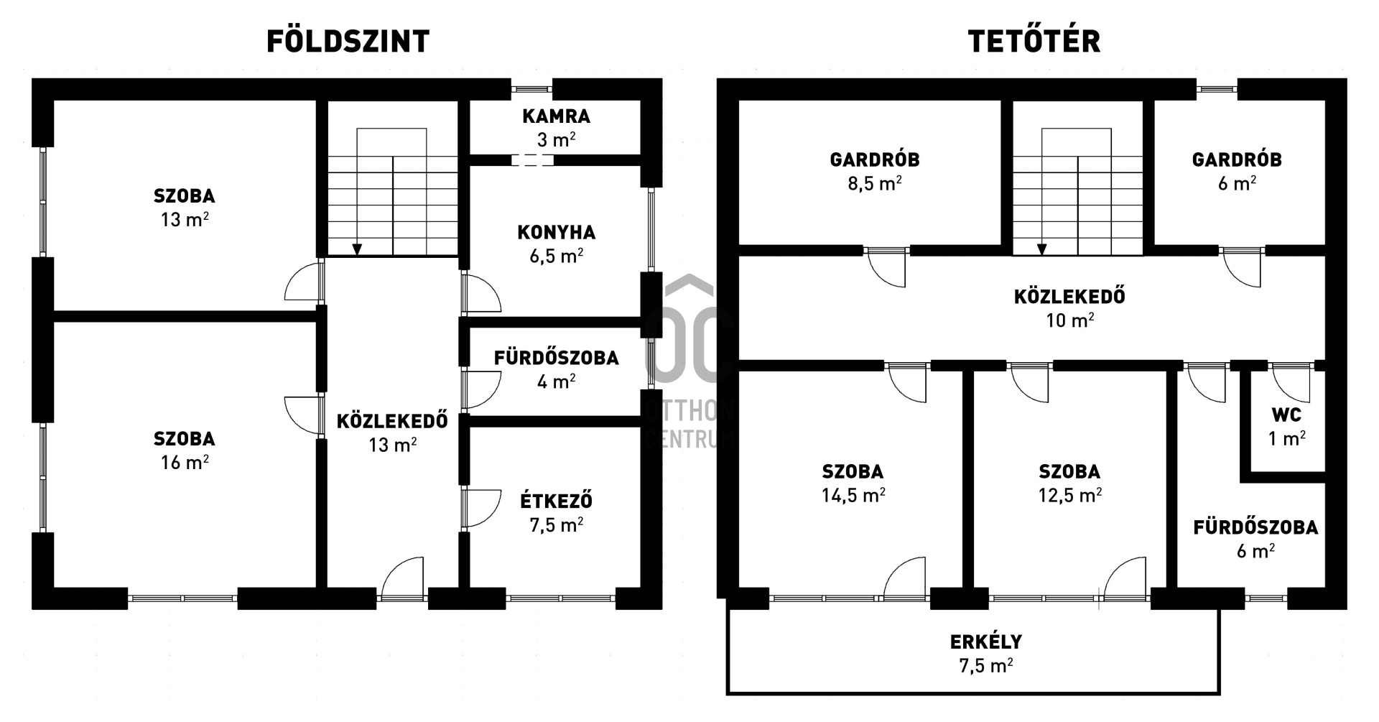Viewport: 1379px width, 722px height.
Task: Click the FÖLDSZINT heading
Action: pos(348,41)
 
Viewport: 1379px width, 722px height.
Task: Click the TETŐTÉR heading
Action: pos(1034,41)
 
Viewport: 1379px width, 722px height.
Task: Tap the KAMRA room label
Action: pos(557,116)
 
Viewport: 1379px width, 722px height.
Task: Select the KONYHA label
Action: pos(557,233)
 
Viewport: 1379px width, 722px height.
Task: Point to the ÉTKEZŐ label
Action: pos(557,500)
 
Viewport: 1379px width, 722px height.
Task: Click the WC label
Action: pos(1286,415)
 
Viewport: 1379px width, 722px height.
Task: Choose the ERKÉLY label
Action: pos(986,641)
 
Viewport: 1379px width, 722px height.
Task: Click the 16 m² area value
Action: pos(185,463)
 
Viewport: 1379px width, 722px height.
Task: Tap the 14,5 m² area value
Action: pos(853,495)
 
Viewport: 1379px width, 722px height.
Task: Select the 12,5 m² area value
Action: pos(1070,495)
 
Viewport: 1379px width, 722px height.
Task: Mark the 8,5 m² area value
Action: pos(875,183)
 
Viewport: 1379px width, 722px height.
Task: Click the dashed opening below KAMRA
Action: pos(532,160)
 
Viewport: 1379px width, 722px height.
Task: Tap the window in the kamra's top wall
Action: pos(532,89)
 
